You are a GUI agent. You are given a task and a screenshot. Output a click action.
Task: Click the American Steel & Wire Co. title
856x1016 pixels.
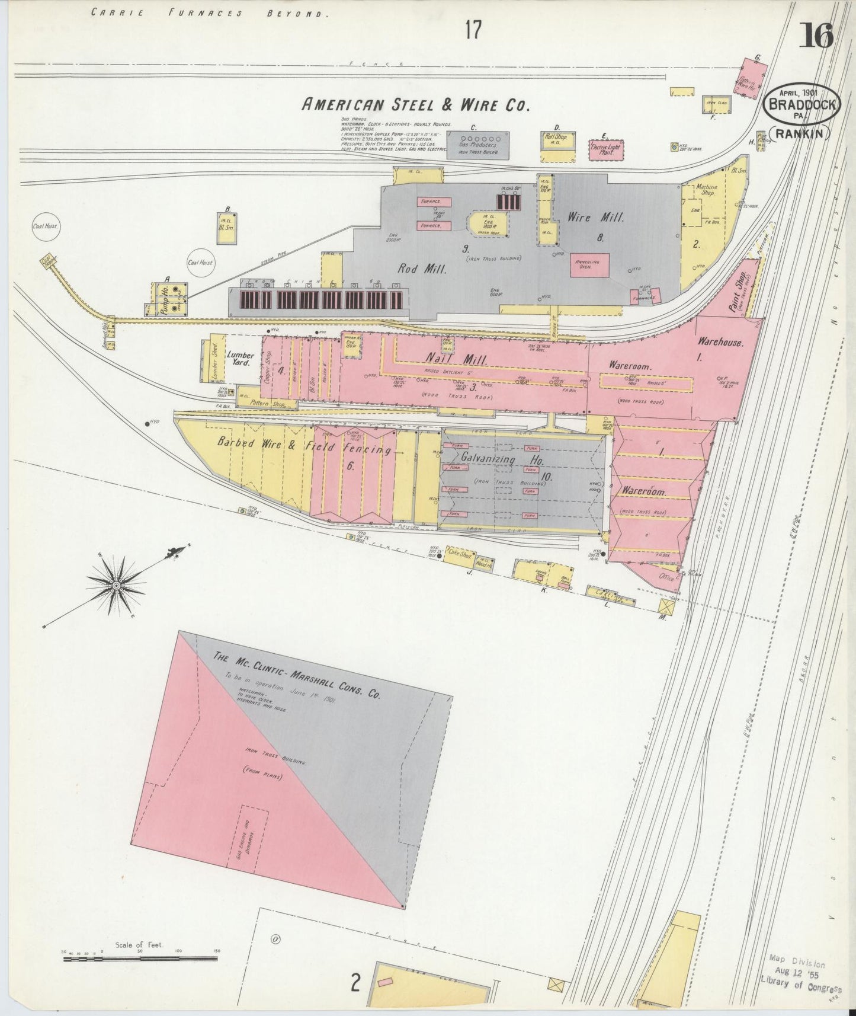[x=415, y=105]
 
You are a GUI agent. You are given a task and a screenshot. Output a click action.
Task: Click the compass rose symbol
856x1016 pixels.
[x=117, y=586]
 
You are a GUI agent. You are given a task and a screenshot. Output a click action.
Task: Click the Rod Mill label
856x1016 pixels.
[x=422, y=269]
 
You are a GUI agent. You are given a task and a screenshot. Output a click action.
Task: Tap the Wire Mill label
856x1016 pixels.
[x=595, y=218]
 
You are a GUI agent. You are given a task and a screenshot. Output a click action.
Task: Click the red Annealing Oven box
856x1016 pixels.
[x=589, y=264]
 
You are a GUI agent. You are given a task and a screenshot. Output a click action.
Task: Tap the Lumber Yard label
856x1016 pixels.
[x=241, y=359]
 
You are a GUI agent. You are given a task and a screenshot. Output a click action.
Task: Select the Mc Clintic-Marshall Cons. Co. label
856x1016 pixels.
[x=296, y=675]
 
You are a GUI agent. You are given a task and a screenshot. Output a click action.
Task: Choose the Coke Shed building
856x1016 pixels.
[x=459, y=556]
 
